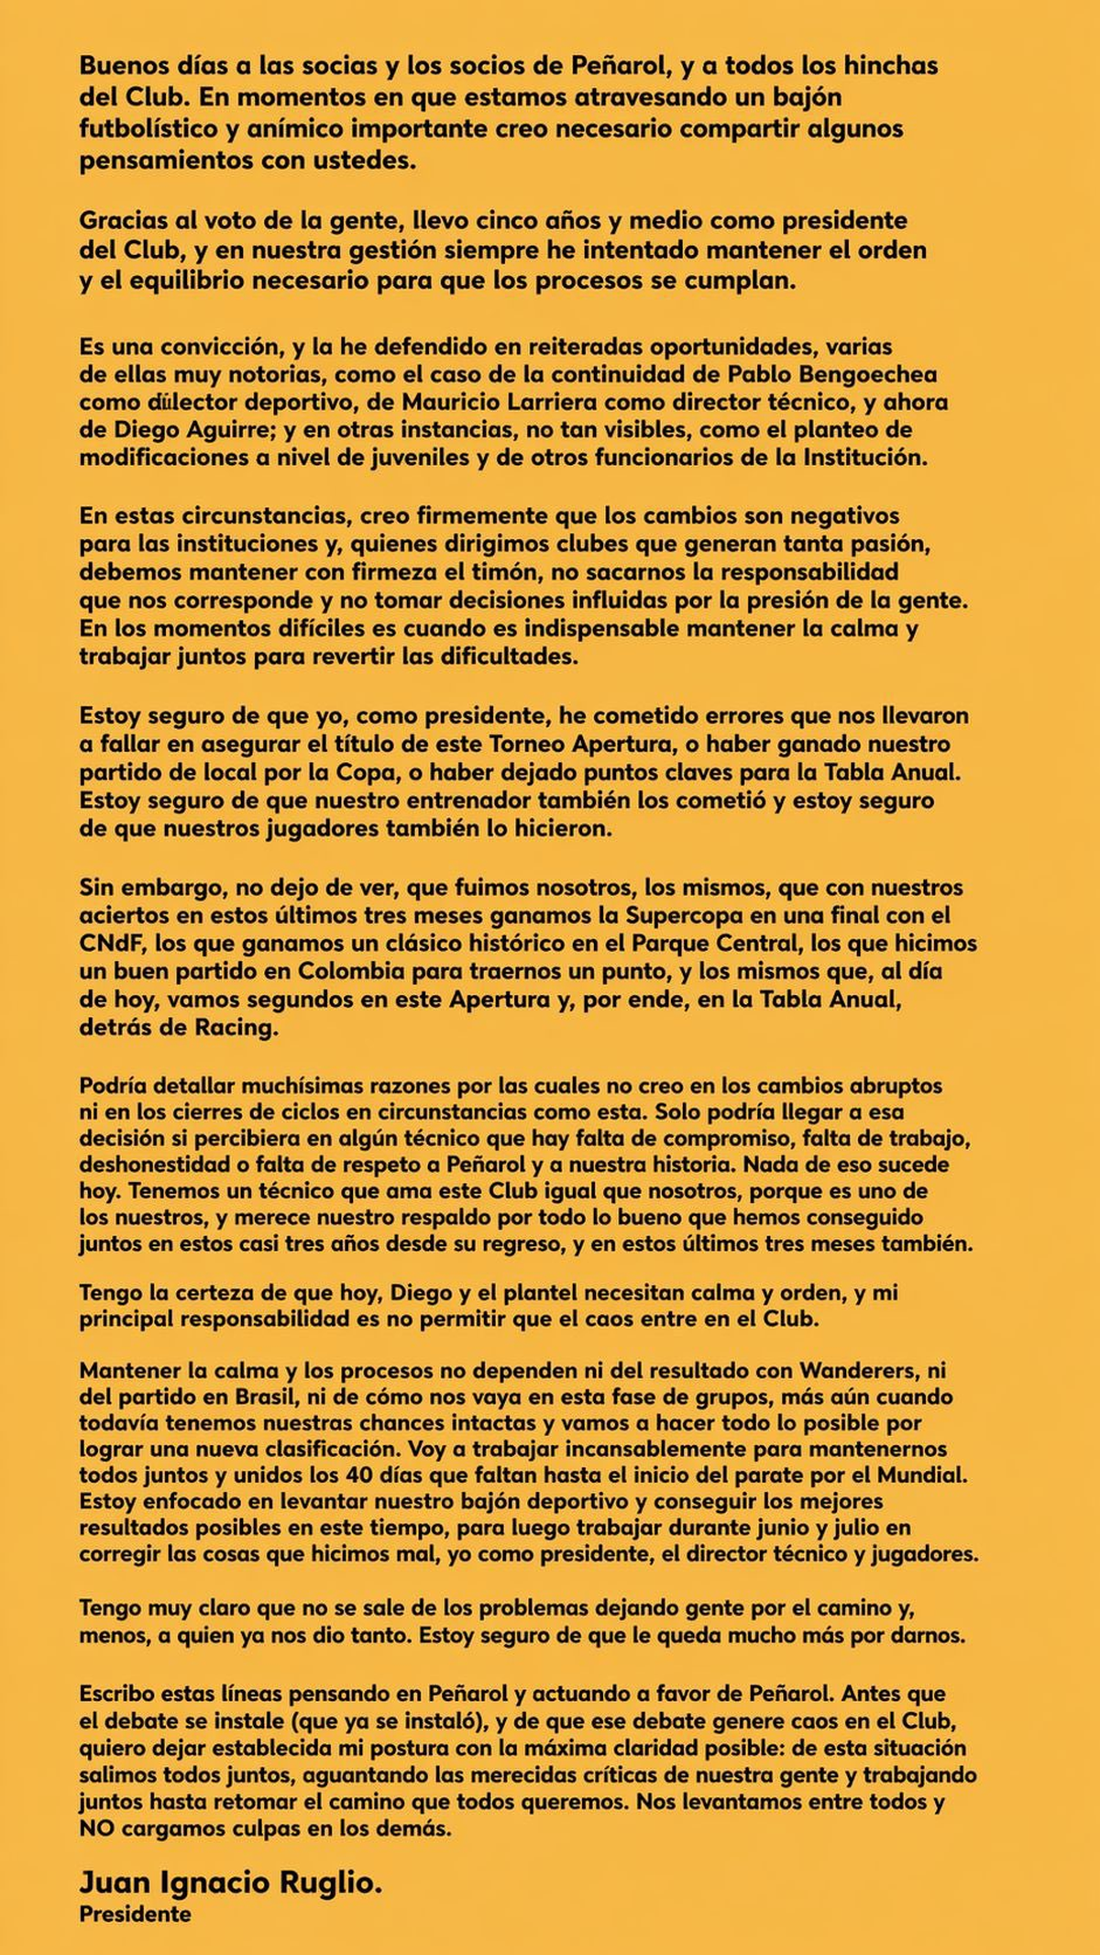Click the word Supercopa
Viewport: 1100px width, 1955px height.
click(682, 915)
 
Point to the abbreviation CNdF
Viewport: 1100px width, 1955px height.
click(108, 944)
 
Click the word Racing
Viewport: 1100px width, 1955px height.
click(234, 1028)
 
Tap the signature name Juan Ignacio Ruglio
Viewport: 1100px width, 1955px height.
click(230, 1883)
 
